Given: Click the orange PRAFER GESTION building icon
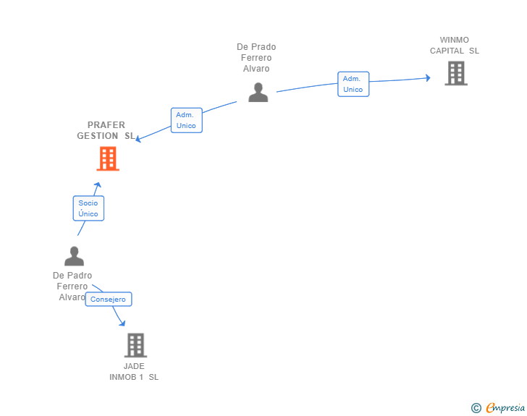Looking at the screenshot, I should [x=108, y=158].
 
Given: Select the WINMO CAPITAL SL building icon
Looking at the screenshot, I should [x=455, y=73].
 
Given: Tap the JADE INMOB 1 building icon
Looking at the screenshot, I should [x=135, y=345].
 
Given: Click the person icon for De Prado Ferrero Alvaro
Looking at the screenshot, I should [x=258, y=92].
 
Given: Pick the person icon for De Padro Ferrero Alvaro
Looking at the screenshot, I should [x=74, y=256].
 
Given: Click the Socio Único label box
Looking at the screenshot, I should [x=88, y=208].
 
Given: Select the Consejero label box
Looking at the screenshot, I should [x=108, y=299].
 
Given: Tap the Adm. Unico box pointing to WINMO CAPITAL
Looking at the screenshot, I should [x=353, y=84].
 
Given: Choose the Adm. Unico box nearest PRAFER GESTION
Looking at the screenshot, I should [x=186, y=120].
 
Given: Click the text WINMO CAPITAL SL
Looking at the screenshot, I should [x=455, y=46].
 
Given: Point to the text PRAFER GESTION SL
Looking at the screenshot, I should [x=106, y=130].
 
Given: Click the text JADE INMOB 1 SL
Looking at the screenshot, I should [x=134, y=371].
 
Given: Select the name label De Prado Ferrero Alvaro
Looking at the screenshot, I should [x=256, y=58].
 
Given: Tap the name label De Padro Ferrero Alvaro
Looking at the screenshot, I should [x=72, y=286].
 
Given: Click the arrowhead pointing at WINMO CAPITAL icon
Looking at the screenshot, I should [x=428, y=77].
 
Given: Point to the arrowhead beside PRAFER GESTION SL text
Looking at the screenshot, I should [x=140, y=139].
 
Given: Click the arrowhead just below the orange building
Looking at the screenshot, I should [x=98, y=185].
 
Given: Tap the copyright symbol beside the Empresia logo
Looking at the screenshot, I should [x=476, y=408].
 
